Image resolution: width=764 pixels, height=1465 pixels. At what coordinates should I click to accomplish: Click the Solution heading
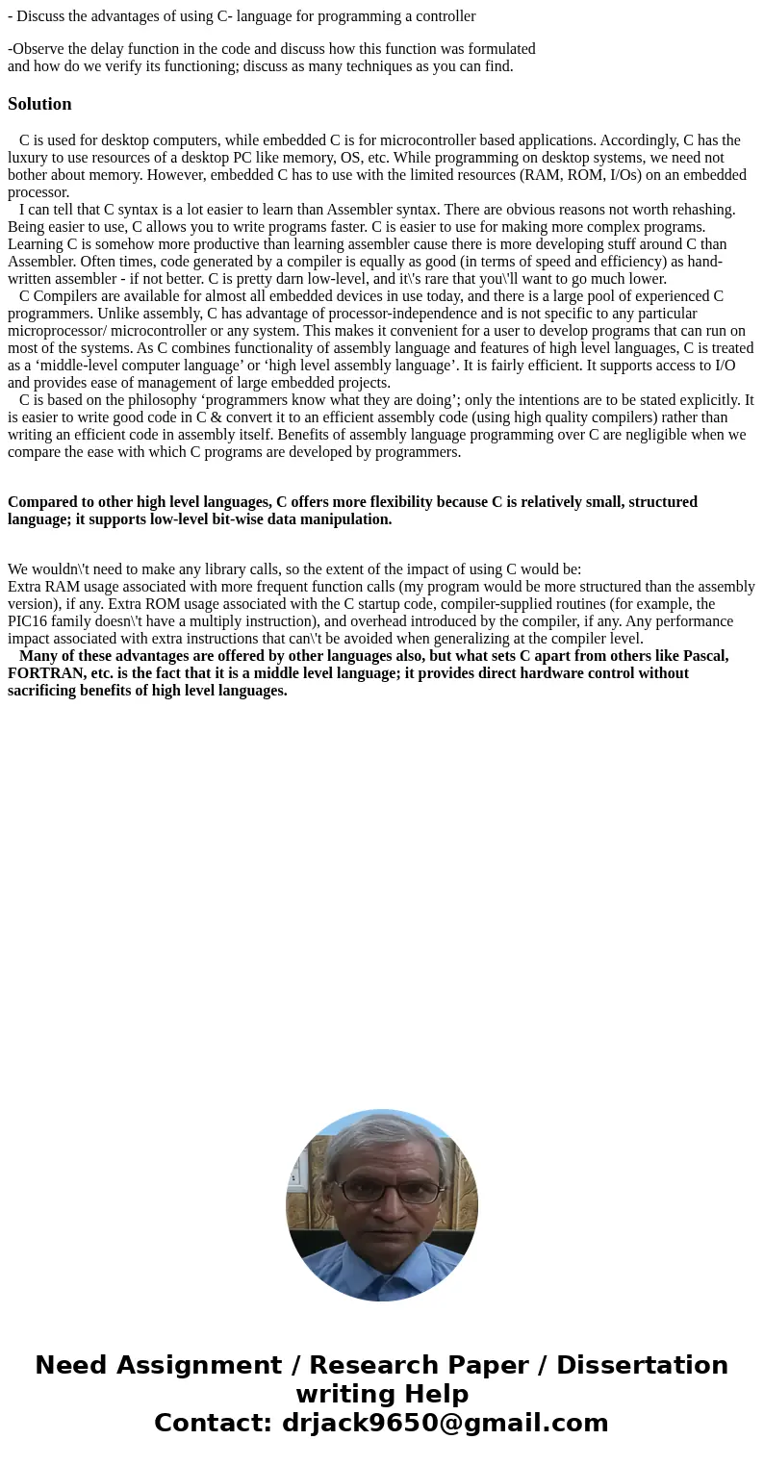coord(39,104)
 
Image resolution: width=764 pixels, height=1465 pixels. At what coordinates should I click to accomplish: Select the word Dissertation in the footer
coord(642,1366)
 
